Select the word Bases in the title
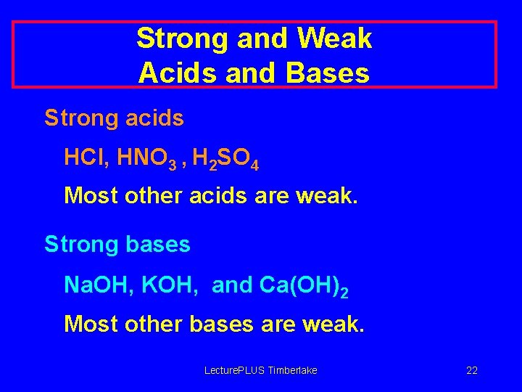coord(331,73)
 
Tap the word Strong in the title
coord(183,38)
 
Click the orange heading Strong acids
coord(114,118)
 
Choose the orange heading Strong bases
coord(117,245)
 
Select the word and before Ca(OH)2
coord(232,285)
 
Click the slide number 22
coord(472,371)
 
